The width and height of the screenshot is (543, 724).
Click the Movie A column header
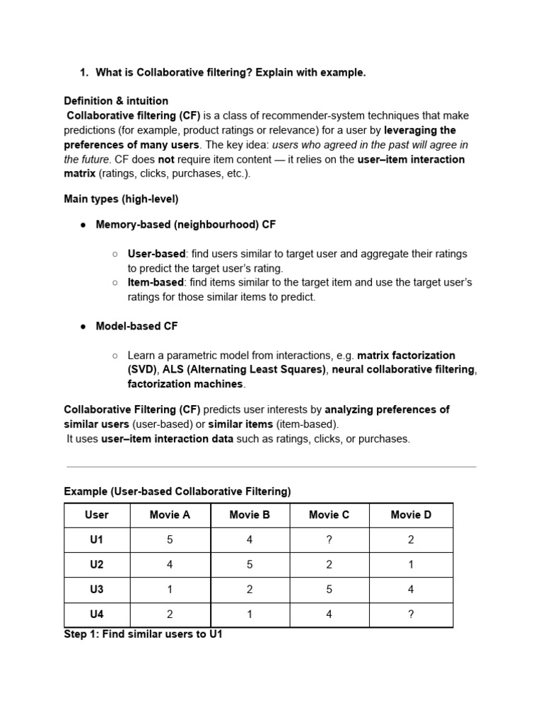170,515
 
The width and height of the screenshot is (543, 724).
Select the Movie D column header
411,515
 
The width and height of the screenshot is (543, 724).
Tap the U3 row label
97,590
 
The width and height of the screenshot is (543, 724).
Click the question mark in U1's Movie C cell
329,540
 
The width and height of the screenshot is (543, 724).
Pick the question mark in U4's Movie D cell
411,614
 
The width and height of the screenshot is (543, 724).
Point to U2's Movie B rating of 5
250,565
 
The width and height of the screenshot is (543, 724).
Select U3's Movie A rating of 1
170,590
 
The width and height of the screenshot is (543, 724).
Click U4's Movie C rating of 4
329,614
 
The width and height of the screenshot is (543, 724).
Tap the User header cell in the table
97,515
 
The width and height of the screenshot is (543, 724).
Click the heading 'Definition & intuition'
116,101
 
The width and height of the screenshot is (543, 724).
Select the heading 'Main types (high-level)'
121,199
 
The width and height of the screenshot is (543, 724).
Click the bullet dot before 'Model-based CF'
83,327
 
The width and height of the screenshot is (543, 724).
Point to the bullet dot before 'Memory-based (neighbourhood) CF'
83,225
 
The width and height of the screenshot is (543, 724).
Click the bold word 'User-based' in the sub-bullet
156,254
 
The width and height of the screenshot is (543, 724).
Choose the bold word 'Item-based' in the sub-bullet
156,283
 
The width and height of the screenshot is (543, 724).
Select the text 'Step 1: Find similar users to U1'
143,635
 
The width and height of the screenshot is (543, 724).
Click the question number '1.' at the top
83,73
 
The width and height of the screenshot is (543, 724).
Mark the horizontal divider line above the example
271,467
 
